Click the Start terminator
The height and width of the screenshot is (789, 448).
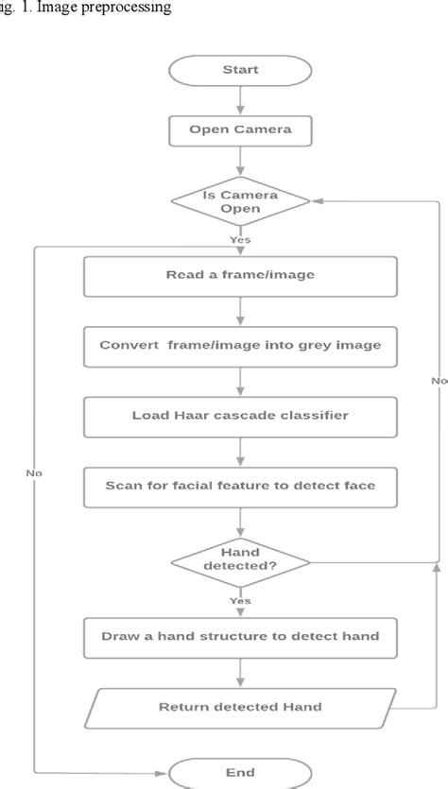(x=240, y=70)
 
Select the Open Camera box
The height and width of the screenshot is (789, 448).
(x=240, y=130)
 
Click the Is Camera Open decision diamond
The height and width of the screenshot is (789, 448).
(x=240, y=200)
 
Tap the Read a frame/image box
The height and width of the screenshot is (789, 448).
(x=240, y=276)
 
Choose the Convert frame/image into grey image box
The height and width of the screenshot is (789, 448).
(x=240, y=345)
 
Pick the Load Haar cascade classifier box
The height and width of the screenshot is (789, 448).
(x=240, y=414)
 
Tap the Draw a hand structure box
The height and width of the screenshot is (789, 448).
(x=240, y=636)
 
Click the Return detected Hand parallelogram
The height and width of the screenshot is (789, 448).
(x=240, y=707)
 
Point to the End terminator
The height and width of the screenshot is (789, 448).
(x=240, y=771)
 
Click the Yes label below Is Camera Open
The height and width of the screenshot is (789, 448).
(x=240, y=239)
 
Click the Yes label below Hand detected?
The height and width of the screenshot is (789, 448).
(x=240, y=599)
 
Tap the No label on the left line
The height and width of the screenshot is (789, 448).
(x=35, y=472)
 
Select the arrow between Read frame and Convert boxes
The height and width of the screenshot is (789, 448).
(x=240, y=311)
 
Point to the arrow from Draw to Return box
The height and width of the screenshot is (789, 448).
(x=240, y=671)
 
